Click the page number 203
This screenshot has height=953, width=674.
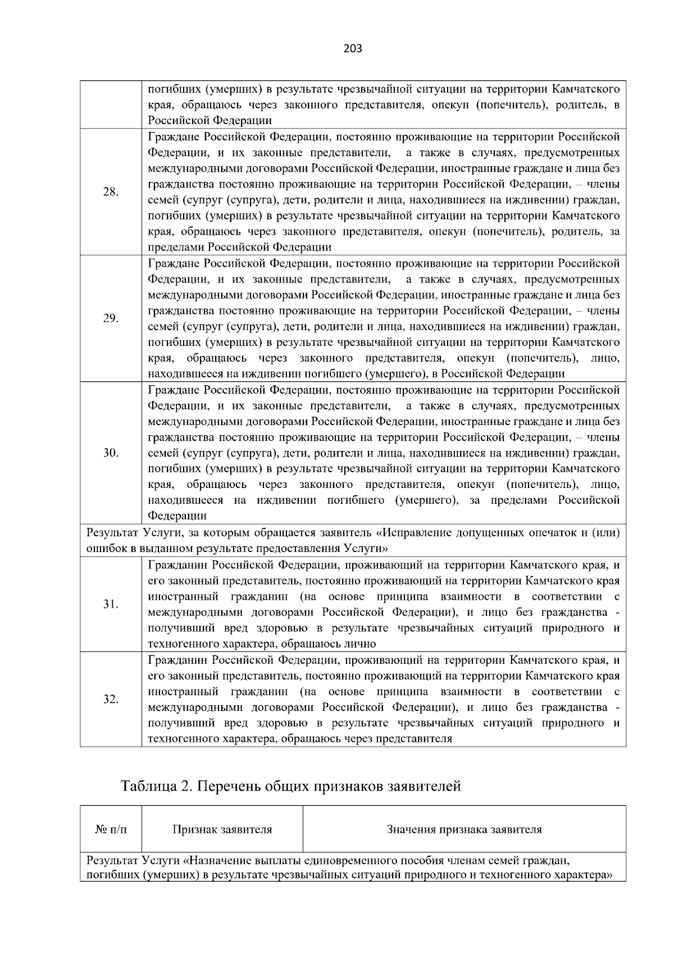pos(353,49)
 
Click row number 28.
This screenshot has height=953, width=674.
pos(111,192)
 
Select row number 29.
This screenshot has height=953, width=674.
pos(111,318)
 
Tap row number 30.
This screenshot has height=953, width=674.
pos(111,453)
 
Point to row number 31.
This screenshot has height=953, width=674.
pos(111,604)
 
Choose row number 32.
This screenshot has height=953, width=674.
pos(111,699)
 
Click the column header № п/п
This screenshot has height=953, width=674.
pos(111,829)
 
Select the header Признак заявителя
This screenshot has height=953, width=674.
pos(222,829)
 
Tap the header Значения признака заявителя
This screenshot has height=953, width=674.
pos(464,829)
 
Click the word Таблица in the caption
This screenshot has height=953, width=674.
pos(148,786)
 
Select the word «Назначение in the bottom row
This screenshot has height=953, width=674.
pos(217,860)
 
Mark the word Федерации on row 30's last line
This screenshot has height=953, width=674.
pos(177,516)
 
